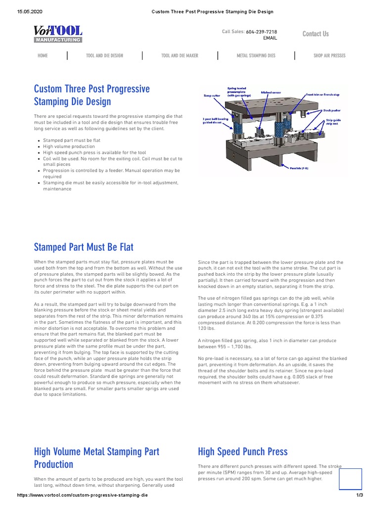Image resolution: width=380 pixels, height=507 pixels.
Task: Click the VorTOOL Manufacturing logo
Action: pos(58,34)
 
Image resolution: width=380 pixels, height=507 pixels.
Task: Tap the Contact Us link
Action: pos(315,34)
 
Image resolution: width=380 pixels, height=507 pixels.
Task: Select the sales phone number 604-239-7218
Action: pos(261,32)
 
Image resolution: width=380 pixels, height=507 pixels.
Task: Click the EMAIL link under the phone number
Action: pos(270,38)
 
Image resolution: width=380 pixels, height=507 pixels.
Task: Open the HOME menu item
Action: pos(43,55)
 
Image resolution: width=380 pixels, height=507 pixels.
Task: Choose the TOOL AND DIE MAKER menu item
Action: pos(180,55)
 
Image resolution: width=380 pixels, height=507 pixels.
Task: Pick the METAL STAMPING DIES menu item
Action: pos(256,55)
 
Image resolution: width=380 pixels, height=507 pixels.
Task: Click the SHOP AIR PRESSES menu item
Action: pos(329,55)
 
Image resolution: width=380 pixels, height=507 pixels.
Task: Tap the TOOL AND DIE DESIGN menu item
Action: pos(104,55)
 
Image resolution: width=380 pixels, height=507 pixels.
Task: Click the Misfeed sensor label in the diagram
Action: pos(271,92)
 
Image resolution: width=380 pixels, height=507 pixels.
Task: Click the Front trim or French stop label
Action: pos(323,94)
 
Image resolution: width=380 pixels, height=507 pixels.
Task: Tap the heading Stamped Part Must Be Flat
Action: pos(84,247)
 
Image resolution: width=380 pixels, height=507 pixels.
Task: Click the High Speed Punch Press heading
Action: pos(242,451)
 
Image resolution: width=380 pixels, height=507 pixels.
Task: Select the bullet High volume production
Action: pos(69,147)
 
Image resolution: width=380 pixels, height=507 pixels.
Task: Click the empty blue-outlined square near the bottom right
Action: pos(350,479)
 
